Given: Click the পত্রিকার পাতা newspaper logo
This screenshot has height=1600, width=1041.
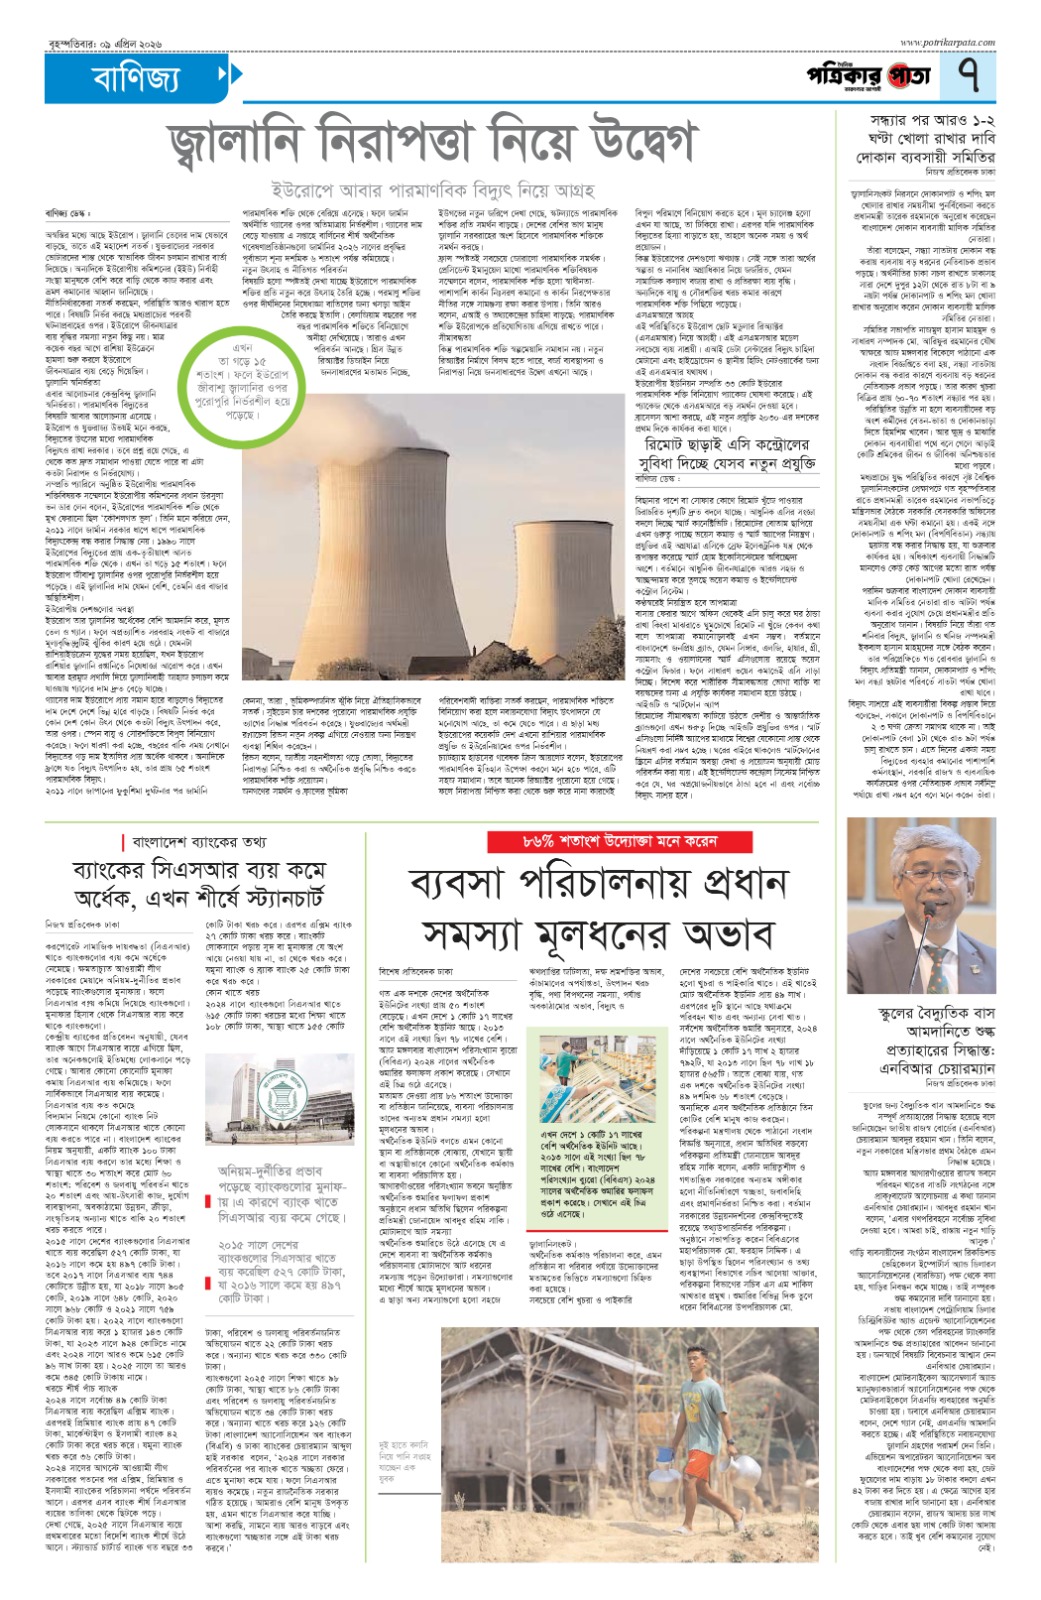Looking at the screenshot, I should (869, 76).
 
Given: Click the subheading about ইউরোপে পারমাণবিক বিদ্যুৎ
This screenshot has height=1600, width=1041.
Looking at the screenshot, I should (433, 189).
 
